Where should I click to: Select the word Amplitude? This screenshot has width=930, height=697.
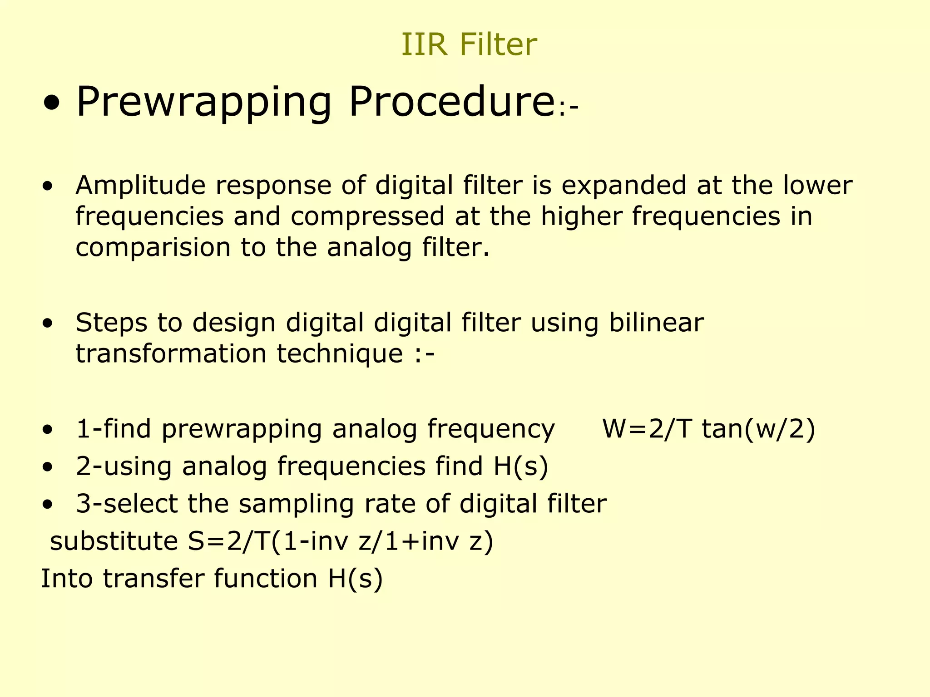(140, 186)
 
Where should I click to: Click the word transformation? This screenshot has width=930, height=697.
(171, 353)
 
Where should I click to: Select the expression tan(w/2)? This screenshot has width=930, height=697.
(758, 429)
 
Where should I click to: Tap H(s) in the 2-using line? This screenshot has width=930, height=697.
(521, 466)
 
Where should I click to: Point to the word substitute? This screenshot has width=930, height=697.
(114, 541)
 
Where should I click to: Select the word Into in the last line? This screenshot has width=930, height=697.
(67, 579)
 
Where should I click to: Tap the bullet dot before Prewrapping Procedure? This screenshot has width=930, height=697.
(51, 104)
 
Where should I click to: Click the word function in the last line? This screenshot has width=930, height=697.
(265, 579)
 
